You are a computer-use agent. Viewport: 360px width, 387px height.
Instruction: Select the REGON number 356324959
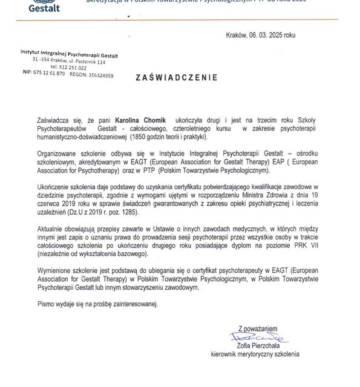click(99, 76)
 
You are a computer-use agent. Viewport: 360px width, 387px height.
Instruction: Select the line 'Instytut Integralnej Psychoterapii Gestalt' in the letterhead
click(70, 56)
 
